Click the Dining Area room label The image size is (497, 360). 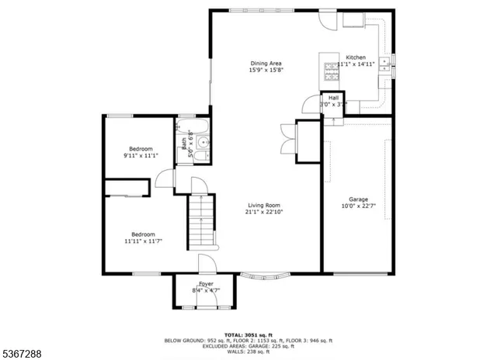click(x=266, y=63)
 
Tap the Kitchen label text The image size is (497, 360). click(x=356, y=57)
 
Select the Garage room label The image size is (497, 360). click(x=358, y=199)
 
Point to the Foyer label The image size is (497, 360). click(x=206, y=285)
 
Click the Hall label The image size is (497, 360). click(x=334, y=97)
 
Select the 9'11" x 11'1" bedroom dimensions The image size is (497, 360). click(x=141, y=156)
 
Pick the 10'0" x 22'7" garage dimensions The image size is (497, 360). click(x=358, y=206)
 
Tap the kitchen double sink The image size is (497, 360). click(x=384, y=63)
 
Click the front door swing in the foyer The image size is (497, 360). click(x=206, y=265)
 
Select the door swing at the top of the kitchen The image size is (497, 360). click(x=330, y=20)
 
